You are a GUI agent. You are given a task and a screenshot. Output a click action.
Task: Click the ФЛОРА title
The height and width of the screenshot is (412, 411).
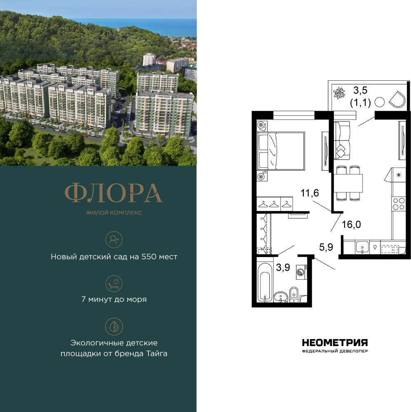pyautogui.click(x=114, y=193)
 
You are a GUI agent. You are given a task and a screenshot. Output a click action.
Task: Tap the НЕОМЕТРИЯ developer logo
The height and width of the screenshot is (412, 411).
pyautogui.click(x=335, y=343)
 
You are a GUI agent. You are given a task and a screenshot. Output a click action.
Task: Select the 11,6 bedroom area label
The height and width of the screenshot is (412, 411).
pyautogui.click(x=310, y=193)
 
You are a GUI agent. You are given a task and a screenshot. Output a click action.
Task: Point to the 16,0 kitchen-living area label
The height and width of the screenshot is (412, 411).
pyautogui.click(x=351, y=225)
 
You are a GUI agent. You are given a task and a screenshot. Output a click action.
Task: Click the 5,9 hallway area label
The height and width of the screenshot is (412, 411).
pyautogui.click(x=326, y=247)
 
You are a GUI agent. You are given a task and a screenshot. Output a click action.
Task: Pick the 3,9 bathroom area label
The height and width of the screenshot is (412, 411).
pyautogui.click(x=283, y=267)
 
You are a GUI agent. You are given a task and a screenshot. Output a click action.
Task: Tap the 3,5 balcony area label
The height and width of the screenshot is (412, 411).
pyautogui.click(x=360, y=90)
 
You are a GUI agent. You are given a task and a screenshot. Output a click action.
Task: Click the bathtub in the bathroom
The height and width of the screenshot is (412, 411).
pyautogui.click(x=265, y=282)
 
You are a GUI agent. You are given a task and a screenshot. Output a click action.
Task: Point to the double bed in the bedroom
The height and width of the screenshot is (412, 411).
pyautogui.click(x=281, y=151)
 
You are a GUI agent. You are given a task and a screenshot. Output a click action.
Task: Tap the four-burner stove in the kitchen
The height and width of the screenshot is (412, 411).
pyautogui.click(x=398, y=204)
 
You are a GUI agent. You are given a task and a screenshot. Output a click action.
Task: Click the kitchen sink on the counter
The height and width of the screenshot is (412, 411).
pyautogui.click(x=362, y=247)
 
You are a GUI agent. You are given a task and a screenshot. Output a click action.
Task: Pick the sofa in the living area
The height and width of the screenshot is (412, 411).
pyautogui.click(x=342, y=140)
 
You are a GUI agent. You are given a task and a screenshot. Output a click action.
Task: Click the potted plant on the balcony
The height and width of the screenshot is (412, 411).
pyautogui.click(x=339, y=93)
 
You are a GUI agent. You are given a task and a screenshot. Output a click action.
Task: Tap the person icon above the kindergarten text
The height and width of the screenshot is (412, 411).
pyautogui.click(x=114, y=240)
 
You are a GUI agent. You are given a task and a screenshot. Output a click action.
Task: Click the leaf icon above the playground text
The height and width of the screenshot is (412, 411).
pyautogui.click(x=114, y=327)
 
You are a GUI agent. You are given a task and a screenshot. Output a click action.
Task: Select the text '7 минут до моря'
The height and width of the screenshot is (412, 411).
pyautogui.click(x=114, y=299)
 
